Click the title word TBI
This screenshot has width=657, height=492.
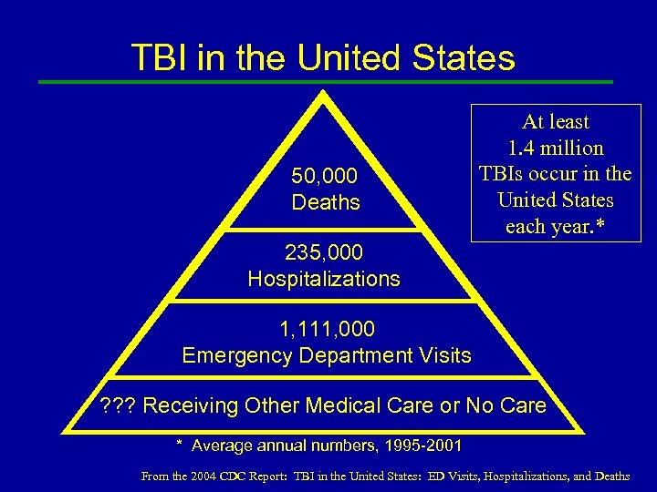(x=161, y=57)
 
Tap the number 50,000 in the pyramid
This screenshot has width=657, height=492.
(x=325, y=176)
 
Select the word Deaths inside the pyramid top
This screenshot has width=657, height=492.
(x=326, y=202)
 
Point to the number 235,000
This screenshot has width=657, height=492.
(x=323, y=252)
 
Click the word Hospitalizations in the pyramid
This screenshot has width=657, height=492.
(x=324, y=279)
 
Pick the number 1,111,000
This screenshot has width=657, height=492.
(x=326, y=328)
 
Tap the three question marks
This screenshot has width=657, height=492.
(x=118, y=405)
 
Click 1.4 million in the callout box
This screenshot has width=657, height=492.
(x=556, y=148)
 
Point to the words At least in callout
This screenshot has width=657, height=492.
(x=556, y=121)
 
